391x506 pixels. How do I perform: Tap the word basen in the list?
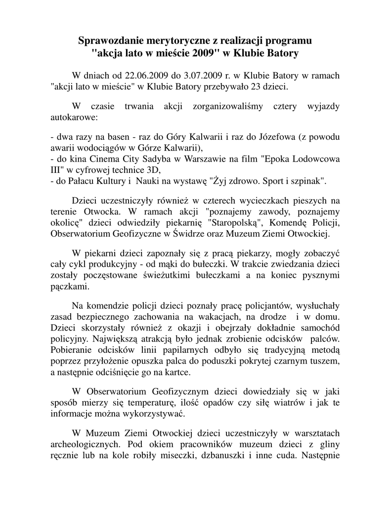(113, 137)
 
